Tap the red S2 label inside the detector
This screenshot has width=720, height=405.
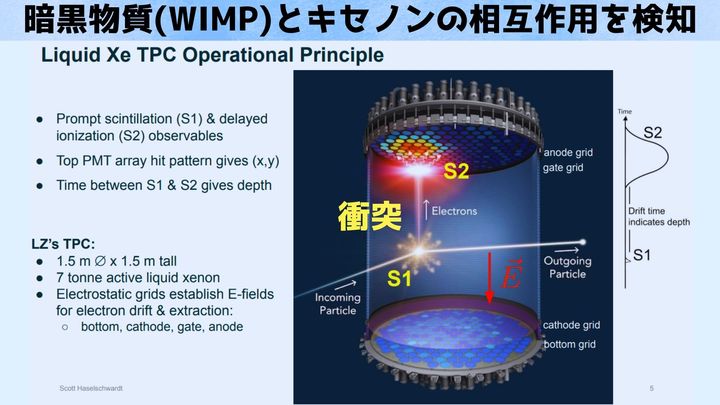pos(456,171)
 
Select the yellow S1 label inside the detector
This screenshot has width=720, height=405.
pos(400,280)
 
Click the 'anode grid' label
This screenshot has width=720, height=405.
pos(570,152)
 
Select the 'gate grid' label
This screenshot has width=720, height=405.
pos(565,168)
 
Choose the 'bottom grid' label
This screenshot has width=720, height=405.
pos(571,345)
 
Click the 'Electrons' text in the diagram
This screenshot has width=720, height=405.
pos(452,211)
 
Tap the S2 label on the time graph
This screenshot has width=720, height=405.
pos(652,132)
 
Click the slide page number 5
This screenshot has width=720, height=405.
pos(651,387)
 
